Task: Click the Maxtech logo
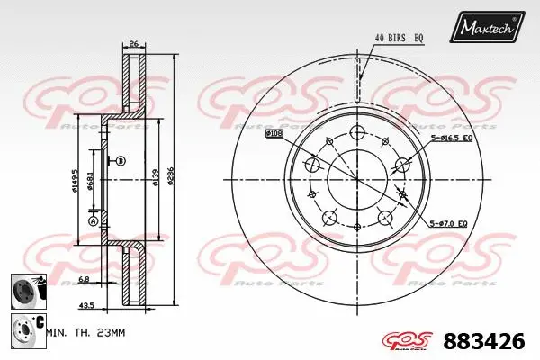489,27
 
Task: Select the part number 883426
484,340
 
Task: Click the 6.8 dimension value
82,279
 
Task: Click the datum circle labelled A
92,220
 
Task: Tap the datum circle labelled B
121,161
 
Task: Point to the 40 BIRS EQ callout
400,37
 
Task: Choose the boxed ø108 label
274,132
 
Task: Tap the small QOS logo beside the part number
410,339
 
